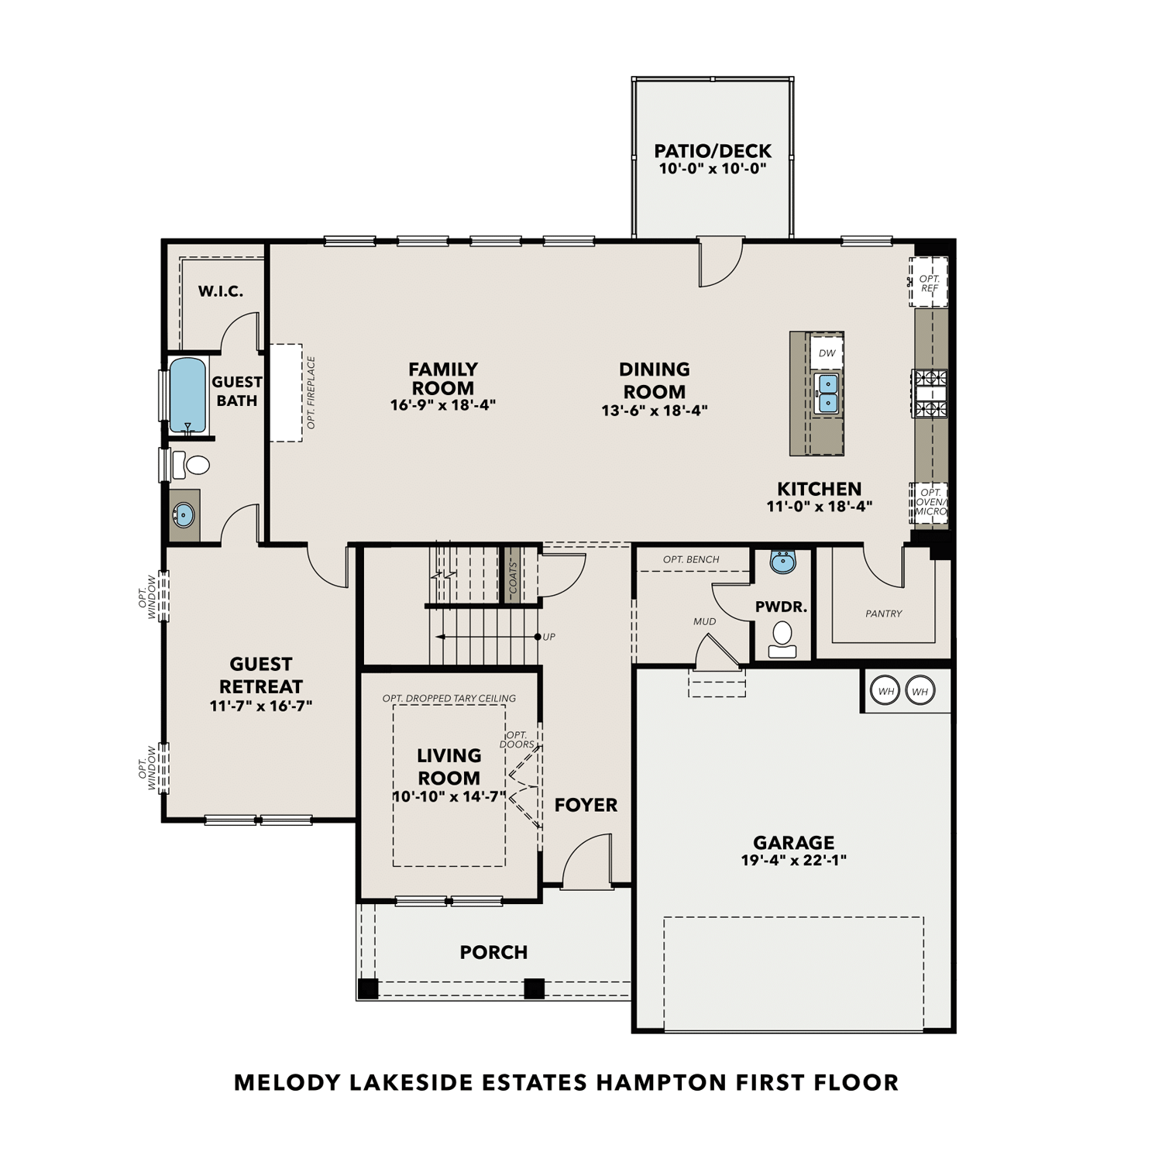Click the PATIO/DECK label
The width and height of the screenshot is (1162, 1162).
click(x=713, y=151)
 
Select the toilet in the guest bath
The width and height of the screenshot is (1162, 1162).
click(x=194, y=465)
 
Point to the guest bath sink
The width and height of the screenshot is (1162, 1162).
click(x=184, y=514)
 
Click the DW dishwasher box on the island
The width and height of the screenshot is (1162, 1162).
click(x=827, y=353)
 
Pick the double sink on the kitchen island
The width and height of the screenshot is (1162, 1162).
click(x=827, y=393)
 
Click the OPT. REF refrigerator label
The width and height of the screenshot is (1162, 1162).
click(x=930, y=284)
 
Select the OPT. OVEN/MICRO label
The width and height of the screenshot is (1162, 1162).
click(x=930, y=502)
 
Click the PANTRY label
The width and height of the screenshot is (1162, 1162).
click(x=884, y=614)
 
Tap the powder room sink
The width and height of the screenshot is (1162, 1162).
click(x=783, y=562)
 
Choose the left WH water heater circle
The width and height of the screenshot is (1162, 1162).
click(x=885, y=691)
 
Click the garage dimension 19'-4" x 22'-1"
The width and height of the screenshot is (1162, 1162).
click(x=793, y=860)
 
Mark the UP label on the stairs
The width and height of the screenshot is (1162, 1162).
click(x=549, y=637)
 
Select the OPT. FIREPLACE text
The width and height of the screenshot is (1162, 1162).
click(x=311, y=393)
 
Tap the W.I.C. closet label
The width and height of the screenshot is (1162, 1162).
click(x=221, y=291)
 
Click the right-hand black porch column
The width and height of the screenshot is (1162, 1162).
click(x=534, y=988)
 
